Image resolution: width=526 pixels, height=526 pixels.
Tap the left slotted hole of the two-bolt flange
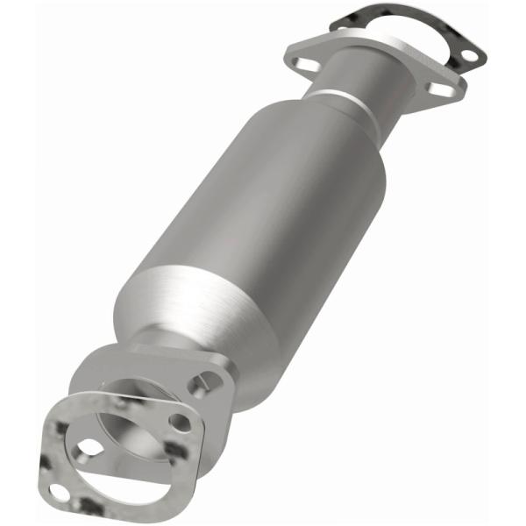(305, 63)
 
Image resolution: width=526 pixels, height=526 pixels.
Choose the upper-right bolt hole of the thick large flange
(210, 380)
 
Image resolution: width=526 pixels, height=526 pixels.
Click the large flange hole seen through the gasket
(180, 422)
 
